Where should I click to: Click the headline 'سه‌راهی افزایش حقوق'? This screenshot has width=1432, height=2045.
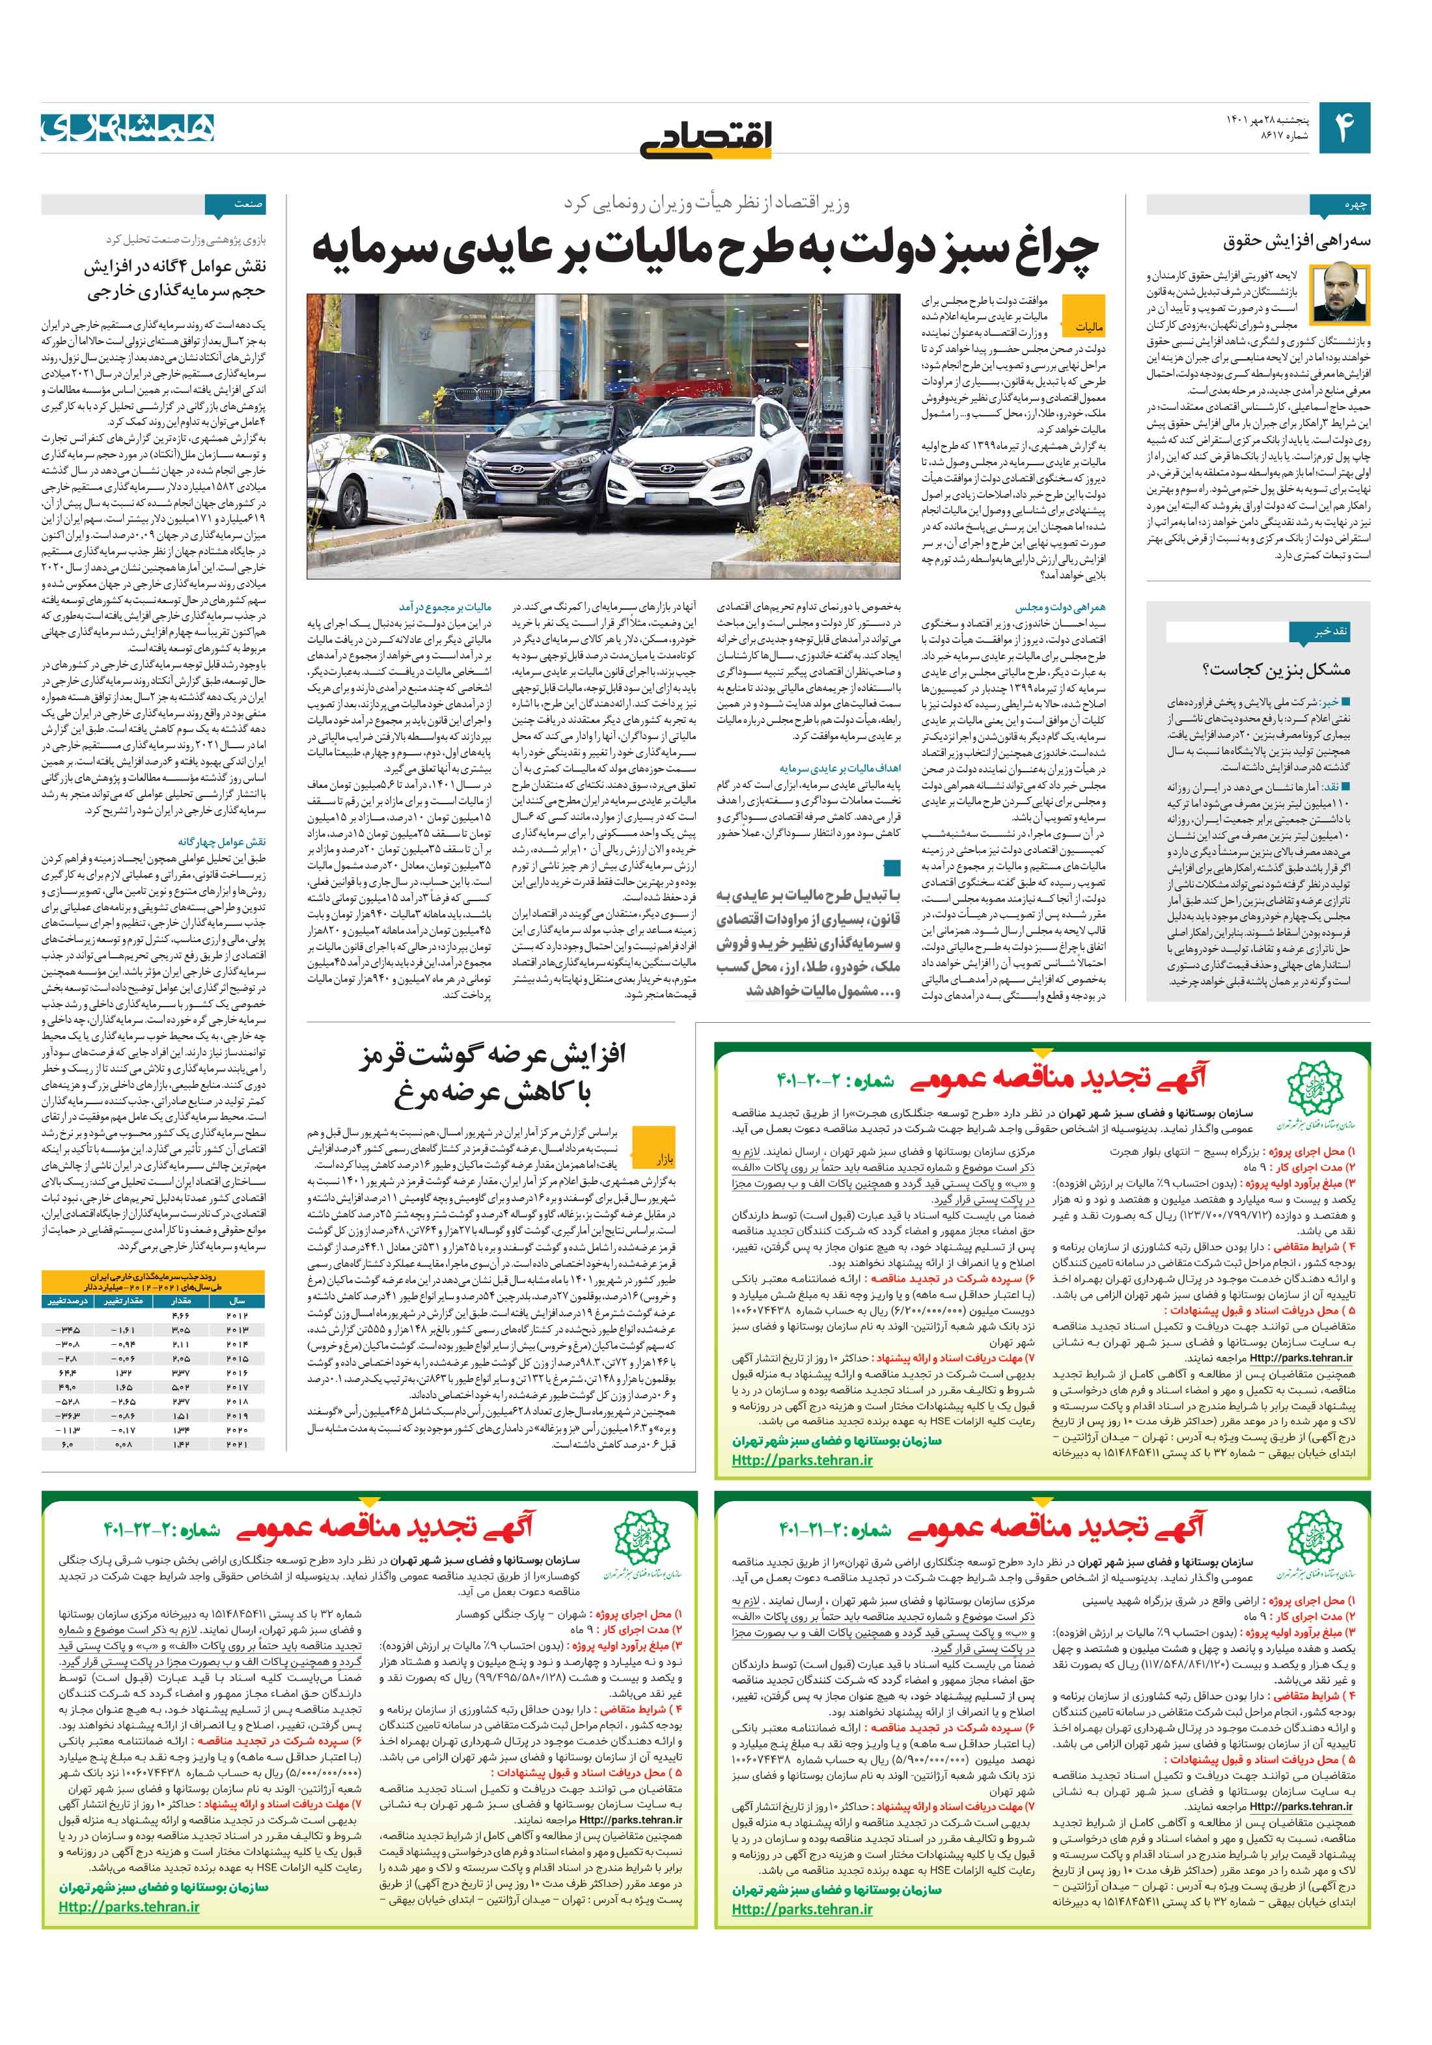[x=1299, y=242]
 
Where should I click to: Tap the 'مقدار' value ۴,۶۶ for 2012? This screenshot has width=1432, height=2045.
[x=181, y=1316]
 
